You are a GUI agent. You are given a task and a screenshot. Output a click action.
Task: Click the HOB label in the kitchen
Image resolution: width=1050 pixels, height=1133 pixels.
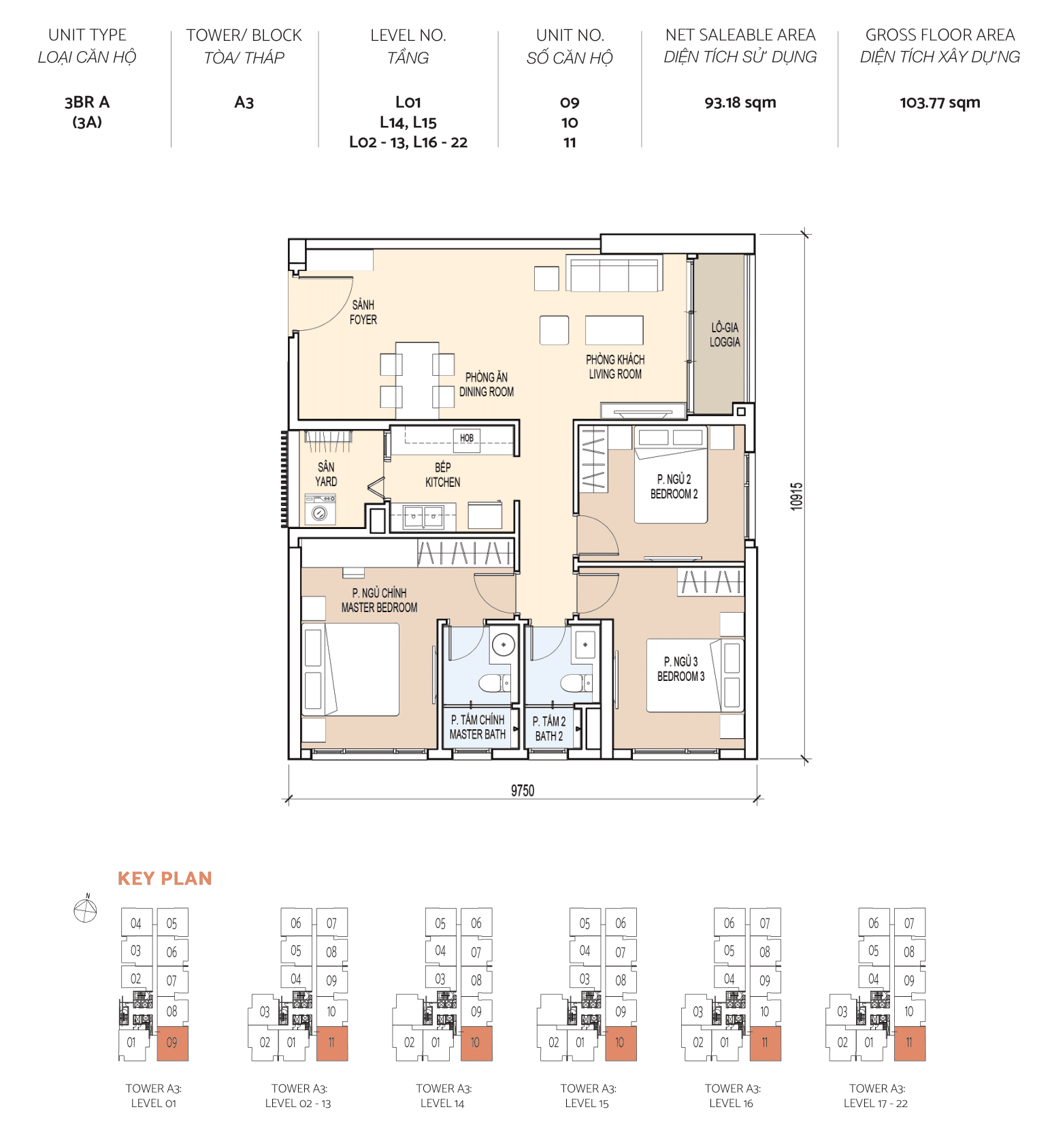click(466, 438)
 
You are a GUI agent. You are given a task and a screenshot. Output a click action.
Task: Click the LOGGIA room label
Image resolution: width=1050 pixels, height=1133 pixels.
click(724, 335)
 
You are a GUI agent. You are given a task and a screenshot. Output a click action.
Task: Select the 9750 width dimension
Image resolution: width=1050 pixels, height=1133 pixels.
click(522, 791)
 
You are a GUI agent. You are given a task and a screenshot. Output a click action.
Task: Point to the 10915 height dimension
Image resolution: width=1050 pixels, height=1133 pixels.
click(796, 496)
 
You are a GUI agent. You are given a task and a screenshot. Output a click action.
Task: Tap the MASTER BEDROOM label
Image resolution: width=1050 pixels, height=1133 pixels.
click(379, 601)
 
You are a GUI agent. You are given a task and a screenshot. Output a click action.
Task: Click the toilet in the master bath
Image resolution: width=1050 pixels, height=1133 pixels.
click(493, 683)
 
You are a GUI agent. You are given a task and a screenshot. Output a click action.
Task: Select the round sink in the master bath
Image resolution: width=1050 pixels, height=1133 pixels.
click(504, 644)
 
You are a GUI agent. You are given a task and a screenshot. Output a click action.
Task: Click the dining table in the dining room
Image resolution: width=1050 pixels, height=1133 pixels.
click(417, 379)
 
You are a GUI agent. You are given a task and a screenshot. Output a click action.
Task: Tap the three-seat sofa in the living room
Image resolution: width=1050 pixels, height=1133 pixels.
click(614, 275)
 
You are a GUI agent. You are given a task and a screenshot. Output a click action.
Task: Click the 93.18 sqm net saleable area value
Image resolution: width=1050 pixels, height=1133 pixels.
click(740, 103)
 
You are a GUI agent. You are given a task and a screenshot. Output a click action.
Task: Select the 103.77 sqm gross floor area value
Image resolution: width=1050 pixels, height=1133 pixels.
click(939, 103)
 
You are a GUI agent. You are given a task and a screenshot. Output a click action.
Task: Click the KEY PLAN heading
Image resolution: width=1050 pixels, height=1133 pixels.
click(165, 878)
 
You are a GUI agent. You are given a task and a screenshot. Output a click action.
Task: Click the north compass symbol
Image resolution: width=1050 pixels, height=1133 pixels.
click(86, 910)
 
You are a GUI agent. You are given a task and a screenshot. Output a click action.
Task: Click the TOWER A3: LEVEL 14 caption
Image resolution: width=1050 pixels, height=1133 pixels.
click(443, 1096)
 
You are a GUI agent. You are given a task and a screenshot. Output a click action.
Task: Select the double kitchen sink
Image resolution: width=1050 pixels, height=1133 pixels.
click(423, 517)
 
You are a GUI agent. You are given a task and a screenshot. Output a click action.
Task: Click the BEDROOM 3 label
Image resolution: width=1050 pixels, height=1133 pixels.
click(680, 669)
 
